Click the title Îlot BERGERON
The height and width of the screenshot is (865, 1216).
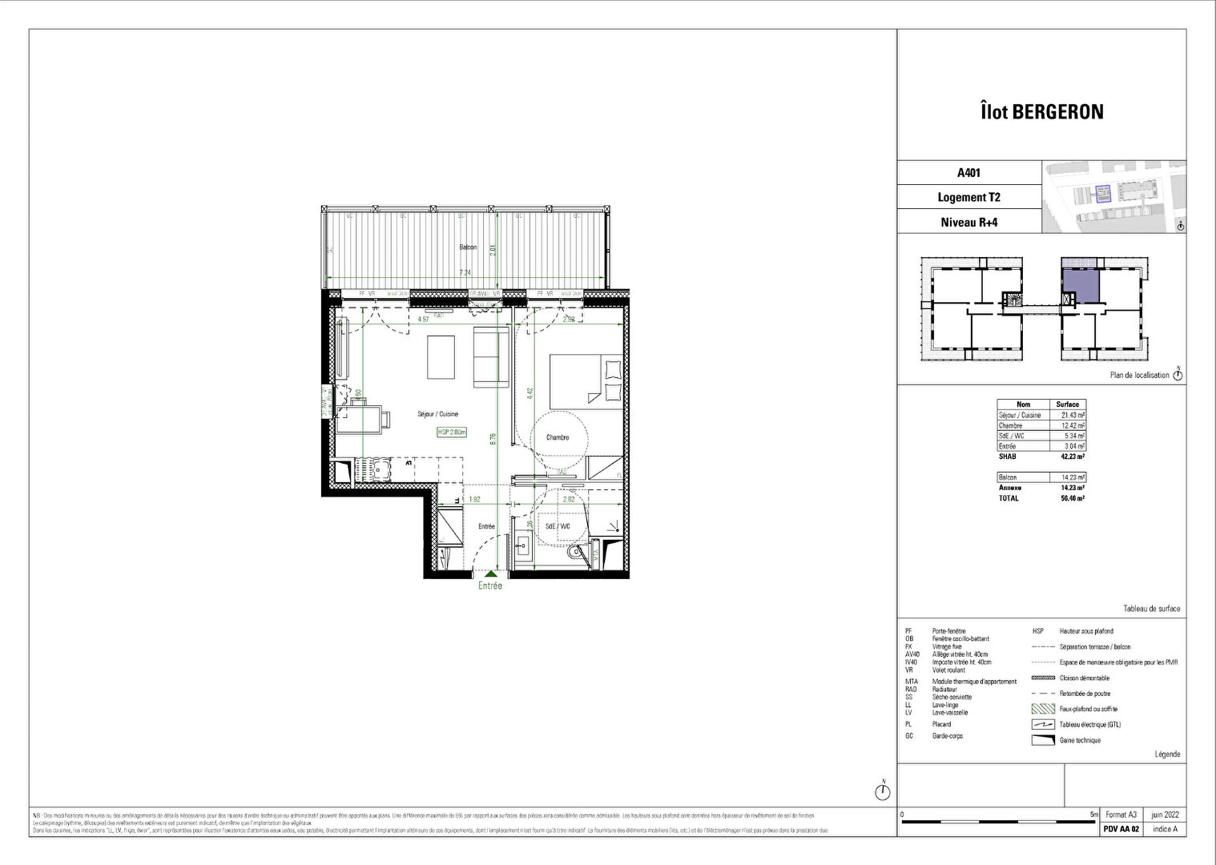point(1041,111)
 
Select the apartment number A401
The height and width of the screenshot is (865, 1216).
point(968,172)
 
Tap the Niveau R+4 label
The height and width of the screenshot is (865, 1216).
point(968,222)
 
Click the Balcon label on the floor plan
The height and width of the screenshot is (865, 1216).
point(467,247)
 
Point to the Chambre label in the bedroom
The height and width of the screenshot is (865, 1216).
point(558,437)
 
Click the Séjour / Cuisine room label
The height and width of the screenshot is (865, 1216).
point(437,414)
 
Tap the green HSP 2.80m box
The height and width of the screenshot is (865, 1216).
point(452,432)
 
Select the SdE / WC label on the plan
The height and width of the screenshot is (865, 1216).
point(558,526)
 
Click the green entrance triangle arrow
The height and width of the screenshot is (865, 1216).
point(489,574)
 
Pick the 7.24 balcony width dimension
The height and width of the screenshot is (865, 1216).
point(465,272)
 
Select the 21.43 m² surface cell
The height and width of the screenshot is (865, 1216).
point(1068,415)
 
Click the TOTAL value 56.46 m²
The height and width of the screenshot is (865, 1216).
point(1068,498)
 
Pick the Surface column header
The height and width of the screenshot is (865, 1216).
point(1068,404)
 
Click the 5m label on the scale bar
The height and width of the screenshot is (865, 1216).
point(1093,814)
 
